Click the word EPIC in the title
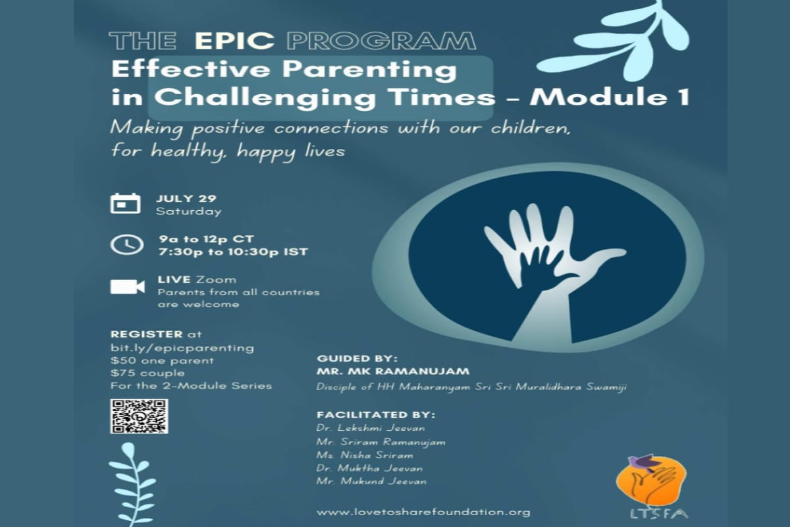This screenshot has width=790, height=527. click(234, 41)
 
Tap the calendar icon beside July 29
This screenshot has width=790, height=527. click(125, 204)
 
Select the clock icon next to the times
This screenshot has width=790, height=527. click(127, 244)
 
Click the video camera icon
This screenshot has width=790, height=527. click(127, 287)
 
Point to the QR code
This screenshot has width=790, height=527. click(139, 416)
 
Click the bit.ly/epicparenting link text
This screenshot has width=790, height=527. click(182, 348)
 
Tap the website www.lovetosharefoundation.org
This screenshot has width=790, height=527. click(423, 512)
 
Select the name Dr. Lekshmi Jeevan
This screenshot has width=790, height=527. click(371, 428)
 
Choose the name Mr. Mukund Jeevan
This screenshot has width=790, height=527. click(371, 481)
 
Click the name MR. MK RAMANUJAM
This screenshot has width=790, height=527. click(393, 372)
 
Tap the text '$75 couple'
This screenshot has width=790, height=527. click(147, 373)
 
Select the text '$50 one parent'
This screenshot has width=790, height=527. click(162, 361)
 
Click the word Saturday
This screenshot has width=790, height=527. click(189, 211)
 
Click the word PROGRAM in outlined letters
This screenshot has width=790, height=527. click(382, 41)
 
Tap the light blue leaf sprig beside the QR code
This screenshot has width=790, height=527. click(132, 484)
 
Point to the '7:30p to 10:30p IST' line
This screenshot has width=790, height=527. click(233, 252)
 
